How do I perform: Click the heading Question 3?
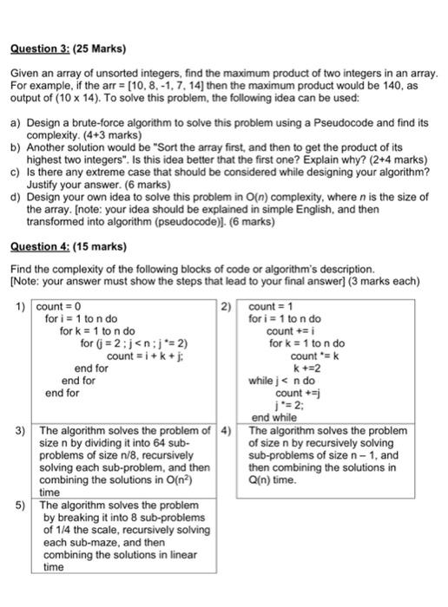[42, 48]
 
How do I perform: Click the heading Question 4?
[42, 245]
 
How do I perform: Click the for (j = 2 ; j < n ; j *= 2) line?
[134, 343]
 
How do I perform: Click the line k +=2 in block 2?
[303, 368]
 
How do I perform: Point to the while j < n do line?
[282, 380]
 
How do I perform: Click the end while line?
[273, 417]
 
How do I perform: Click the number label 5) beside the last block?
[21, 504]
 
